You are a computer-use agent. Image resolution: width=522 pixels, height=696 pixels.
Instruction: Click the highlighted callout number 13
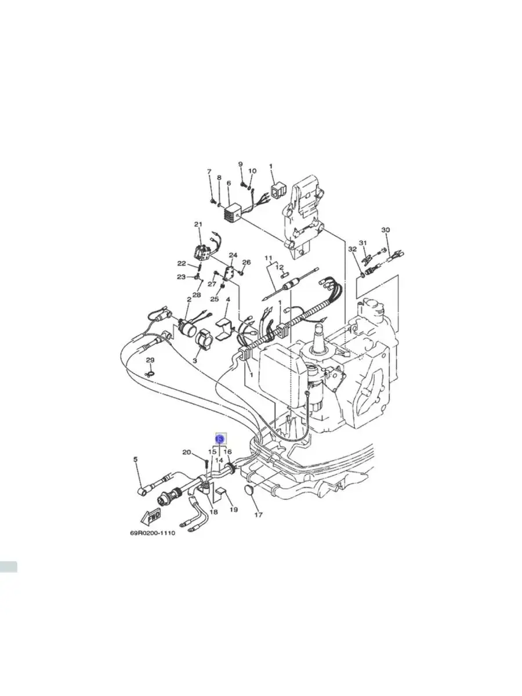(220, 440)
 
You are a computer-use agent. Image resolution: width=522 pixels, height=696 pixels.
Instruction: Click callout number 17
(259, 514)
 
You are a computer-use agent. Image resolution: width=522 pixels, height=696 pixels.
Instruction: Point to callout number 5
(136, 460)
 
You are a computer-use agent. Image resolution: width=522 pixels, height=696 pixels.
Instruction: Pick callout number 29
(150, 361)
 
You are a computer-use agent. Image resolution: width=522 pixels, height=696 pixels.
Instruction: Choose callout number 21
(198, 224)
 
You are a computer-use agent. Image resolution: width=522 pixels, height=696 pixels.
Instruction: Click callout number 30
(386, 230)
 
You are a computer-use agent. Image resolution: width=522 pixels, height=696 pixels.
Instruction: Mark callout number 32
(352, 249)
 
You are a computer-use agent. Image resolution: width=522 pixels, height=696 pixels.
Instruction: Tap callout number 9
(241, 164)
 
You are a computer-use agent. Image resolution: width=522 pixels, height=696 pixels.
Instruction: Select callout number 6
(229, 183)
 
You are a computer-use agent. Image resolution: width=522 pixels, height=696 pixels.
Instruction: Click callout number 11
(268, 258)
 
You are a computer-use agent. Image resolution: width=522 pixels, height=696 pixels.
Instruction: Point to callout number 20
(187, 452)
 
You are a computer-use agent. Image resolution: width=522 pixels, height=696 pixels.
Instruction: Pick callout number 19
(233, 510)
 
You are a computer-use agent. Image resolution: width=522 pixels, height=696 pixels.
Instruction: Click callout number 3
(195, 360)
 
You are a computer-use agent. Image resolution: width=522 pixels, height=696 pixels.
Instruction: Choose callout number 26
(246, 262)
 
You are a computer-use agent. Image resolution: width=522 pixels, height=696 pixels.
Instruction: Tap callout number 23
(181, 277)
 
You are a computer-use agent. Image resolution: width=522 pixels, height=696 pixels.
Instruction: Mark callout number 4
(228, 300)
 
